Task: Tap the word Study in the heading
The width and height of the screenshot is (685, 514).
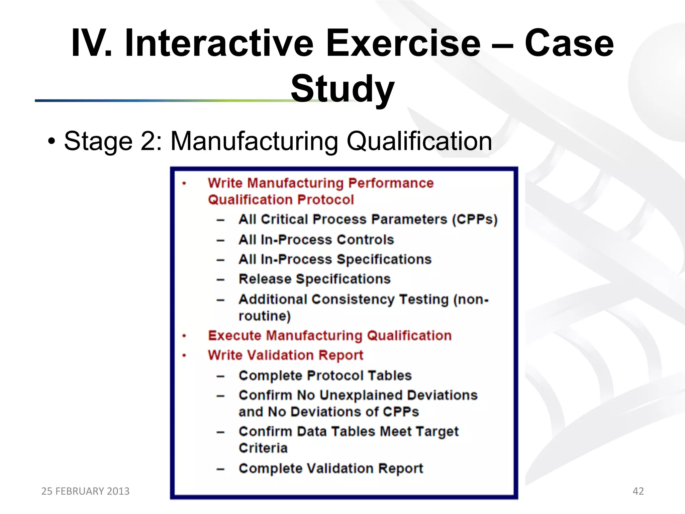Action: point(342,89)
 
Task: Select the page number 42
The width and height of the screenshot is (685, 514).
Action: point(638,491)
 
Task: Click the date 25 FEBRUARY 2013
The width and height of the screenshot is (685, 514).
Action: point(85,491)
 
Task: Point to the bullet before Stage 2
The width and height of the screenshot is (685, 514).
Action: point(51,141)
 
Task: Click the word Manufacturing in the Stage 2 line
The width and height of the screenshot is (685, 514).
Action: point(254,141)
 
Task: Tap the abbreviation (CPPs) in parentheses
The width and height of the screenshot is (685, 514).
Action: point(475,220)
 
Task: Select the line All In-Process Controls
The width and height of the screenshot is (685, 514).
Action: point(316,240)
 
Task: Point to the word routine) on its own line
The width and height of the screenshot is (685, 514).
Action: point(265,316)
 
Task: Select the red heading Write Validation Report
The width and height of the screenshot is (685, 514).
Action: point(285,355)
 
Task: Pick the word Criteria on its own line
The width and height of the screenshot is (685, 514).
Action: point(263,448)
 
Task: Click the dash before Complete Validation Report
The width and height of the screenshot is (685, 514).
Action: point(220,469)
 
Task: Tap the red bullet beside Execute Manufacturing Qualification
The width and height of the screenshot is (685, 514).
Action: point(184,336)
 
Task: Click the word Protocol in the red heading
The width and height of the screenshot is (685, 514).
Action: point(325,200)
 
